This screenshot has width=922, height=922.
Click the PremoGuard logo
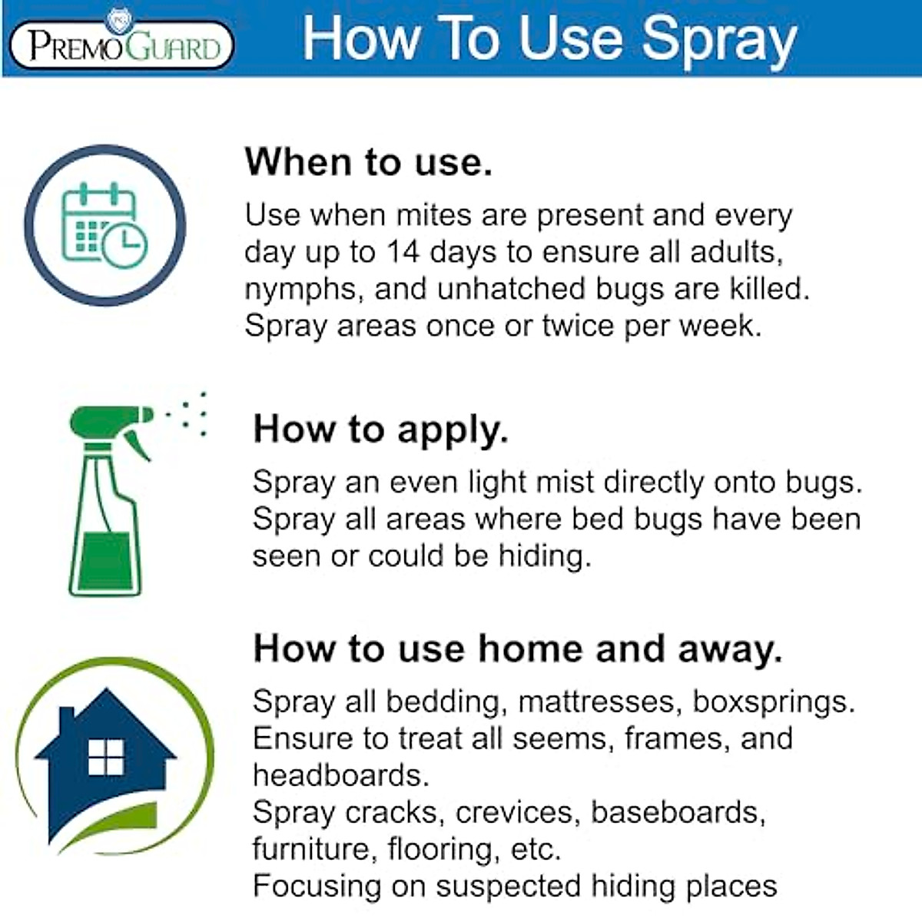121,44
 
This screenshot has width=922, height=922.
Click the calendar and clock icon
104,225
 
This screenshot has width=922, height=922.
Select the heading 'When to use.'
368,162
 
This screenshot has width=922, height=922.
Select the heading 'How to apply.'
380,429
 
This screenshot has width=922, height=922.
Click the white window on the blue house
105,757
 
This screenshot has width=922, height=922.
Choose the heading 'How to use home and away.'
517,648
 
